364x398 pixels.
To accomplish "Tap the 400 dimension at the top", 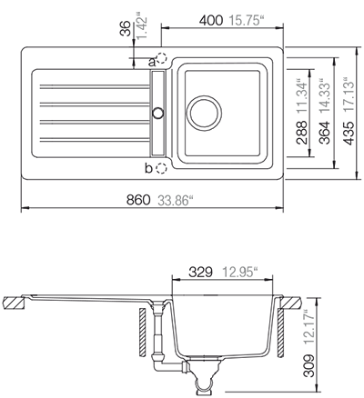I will tap(212, 19).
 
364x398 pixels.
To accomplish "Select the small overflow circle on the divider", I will tap(157, 113).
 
